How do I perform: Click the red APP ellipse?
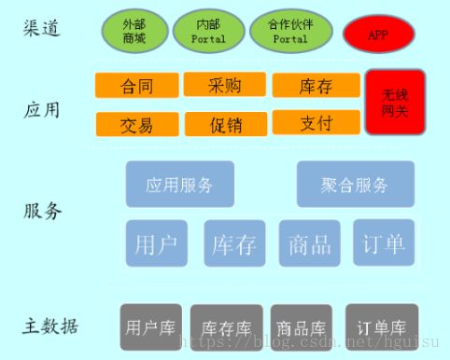(x=378, y=35)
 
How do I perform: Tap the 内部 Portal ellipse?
(x=209, y=30)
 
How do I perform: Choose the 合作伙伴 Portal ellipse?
(x=290, y=30)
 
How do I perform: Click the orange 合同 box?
(x=137, y=86)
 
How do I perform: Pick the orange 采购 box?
(x=225, y=85)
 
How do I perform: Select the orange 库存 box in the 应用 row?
(x=316, y=86)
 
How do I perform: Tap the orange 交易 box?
(x=137, y=123)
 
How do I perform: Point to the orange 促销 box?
(x=225, y=123)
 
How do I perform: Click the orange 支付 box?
(x=316, y=122)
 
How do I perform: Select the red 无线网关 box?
(x=395, y=102)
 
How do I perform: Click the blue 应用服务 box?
(x=180, y=184)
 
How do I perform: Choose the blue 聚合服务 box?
(x=355, y=184)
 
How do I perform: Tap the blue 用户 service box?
(x=156, y=244)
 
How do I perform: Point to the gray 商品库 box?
(x=301, y=327)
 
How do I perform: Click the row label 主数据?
(x=50, y=326)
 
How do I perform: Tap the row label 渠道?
(x=42, y=28)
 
